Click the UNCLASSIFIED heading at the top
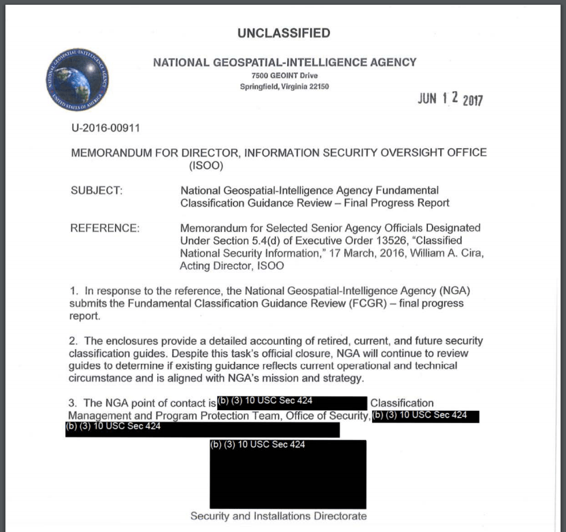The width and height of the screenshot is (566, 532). [284, 33]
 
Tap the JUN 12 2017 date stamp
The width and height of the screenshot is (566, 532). [450, 99]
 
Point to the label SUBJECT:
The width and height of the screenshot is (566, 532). [97, 190]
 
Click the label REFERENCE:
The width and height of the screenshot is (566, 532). [105, 228]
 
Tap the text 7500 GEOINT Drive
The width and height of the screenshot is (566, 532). [284, 75]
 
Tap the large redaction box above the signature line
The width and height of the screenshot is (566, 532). [288, 474]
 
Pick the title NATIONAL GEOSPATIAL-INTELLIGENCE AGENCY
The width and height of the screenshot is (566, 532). [284, 62]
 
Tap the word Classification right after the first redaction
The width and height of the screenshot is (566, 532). [401, 403]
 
